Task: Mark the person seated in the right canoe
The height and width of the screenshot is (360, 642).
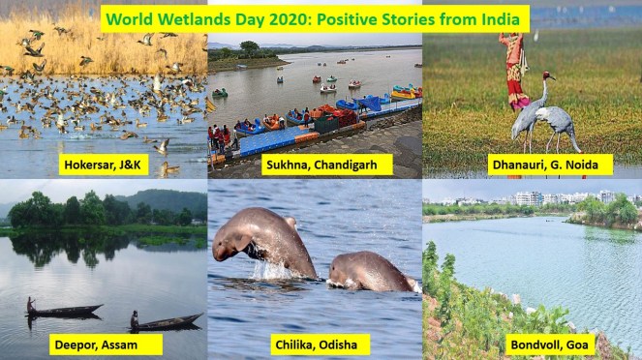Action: tap(135, 318)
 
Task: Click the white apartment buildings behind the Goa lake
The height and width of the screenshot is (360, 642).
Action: tap(542, 198)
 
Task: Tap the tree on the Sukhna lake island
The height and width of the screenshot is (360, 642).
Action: tap(251, 46)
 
